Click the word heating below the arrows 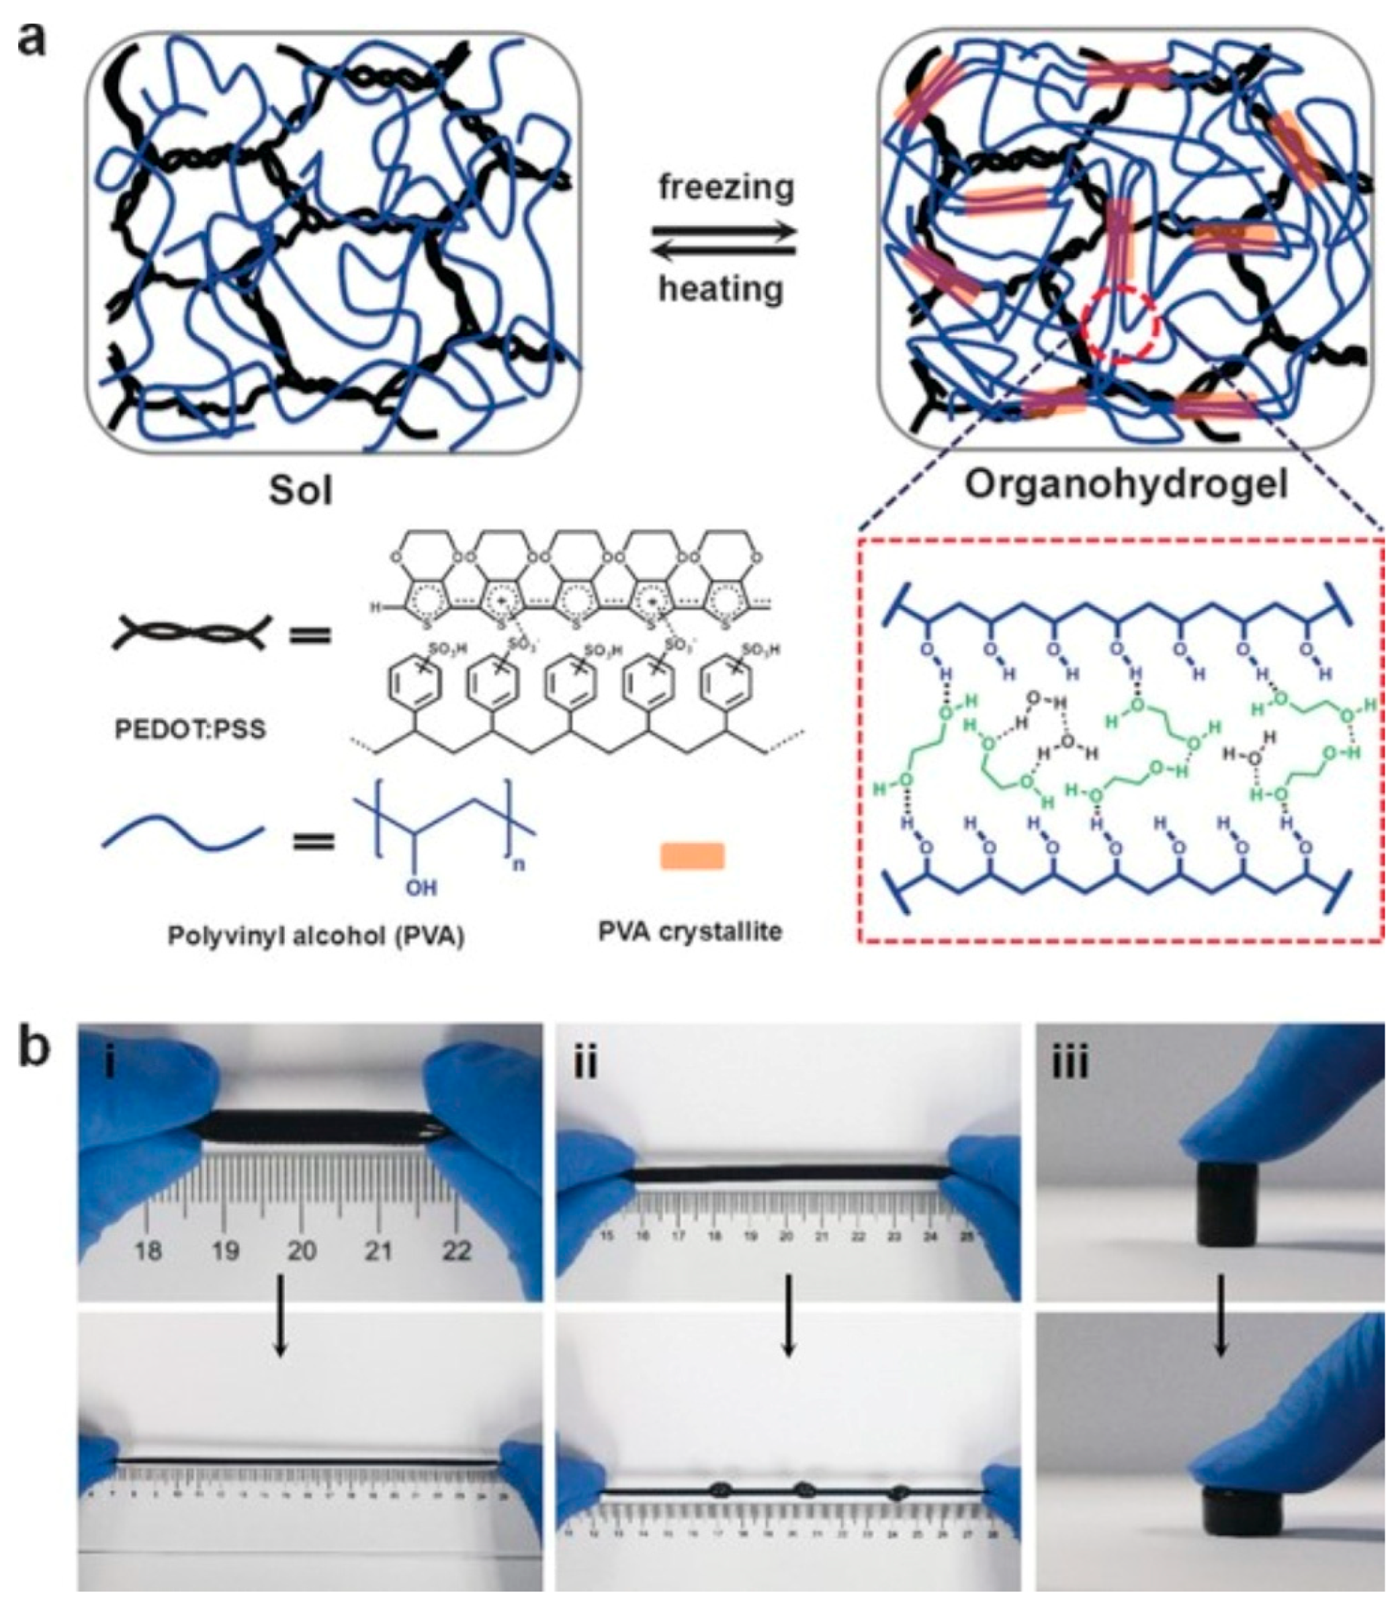721,290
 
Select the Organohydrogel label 1127,484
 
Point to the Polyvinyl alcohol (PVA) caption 316,937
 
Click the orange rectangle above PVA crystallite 693,856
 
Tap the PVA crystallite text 690,931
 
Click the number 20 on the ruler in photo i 302,1250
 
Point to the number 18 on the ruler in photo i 148,1250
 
